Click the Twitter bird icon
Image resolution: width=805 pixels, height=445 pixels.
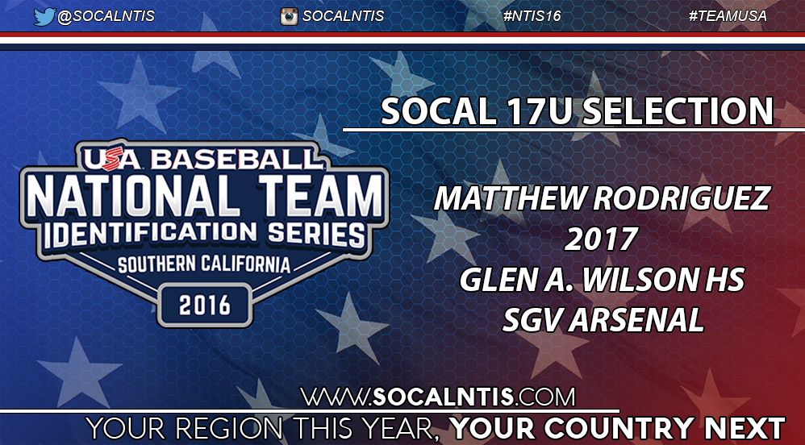44,16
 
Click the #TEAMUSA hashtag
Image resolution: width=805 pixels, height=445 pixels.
728,16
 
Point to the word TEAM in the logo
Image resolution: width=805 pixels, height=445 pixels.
315,195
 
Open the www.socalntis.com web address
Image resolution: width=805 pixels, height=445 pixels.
438,397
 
